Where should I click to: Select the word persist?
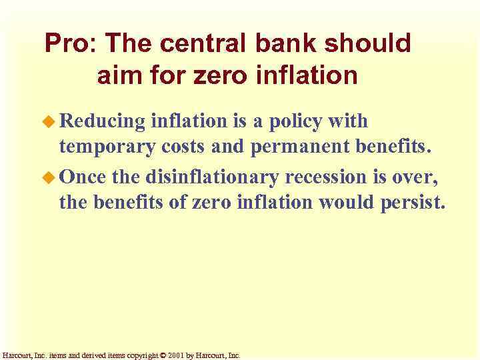pyautogui.click(x=409, y=203)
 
